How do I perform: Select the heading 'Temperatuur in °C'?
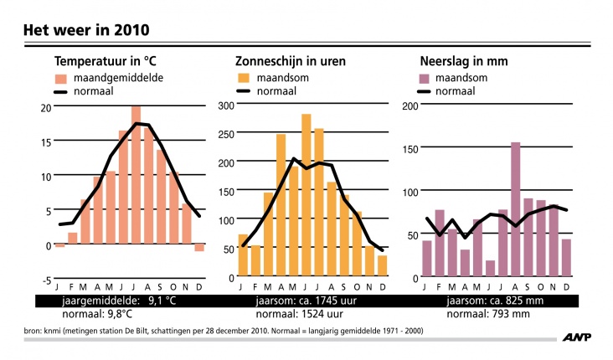[x=106, y=62]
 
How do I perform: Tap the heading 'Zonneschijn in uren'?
[x=291, y=62]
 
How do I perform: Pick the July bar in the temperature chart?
[x=136, y=176]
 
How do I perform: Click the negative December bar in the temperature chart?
[x=199, y=248]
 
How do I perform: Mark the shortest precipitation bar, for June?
[x=490, y=268]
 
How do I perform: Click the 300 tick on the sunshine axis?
[x=225, y=105]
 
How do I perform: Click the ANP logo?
[x=580, y=338]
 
